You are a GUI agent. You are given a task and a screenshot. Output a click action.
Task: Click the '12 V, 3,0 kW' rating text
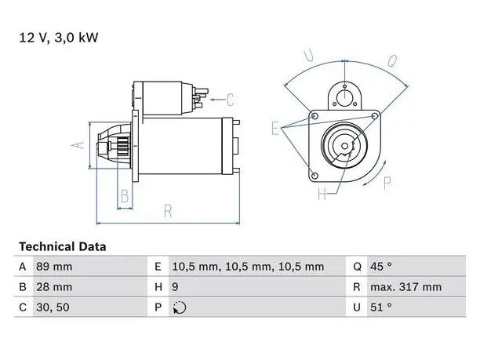pos(59,38)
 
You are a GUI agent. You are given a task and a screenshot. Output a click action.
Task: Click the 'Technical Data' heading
pos(63,247)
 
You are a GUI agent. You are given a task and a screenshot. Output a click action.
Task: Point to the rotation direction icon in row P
pos(180,307)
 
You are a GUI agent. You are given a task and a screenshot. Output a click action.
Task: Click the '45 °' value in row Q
pos(381,267)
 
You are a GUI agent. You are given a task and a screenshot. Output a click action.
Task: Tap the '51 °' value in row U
pos(381,307)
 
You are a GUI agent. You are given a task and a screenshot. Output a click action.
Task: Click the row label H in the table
pos(158,287)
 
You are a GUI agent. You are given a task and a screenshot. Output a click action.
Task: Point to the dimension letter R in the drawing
pos(168,211)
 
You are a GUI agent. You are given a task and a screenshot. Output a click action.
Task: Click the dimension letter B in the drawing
pos(125,196)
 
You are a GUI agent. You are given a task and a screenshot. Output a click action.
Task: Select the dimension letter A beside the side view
pos(78,145)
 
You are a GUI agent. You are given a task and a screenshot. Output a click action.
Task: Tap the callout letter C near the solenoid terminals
pos(231,100)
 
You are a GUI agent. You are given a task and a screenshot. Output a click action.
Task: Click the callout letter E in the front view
pos(275,128)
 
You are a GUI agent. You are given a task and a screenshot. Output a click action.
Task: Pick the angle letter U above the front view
pos(308,56)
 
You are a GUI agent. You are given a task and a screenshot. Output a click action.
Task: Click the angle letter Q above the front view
pos(392,60)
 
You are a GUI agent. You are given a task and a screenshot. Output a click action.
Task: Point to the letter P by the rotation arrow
pos(387,183)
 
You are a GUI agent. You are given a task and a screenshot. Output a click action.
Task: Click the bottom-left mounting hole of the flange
pos(315,176)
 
